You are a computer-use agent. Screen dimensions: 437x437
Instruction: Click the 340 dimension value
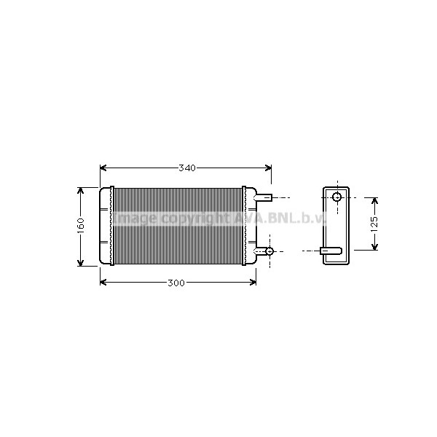click(x=186, y=168)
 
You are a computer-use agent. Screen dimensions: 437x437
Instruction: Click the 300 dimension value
click(x=176, y=283)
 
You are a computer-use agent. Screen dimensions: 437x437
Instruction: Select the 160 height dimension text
click(x=81, y=225)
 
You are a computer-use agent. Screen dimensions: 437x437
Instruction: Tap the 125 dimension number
click(x=374, y=224)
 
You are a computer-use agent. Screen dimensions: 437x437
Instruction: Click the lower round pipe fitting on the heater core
click(x=269, y=251)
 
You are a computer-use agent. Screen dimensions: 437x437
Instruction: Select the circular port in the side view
click(x=336, y=197)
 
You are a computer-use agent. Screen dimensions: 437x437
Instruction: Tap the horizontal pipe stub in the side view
click(x=331, y=251)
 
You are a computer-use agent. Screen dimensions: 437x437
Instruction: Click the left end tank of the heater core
click(x=106, y=226)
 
